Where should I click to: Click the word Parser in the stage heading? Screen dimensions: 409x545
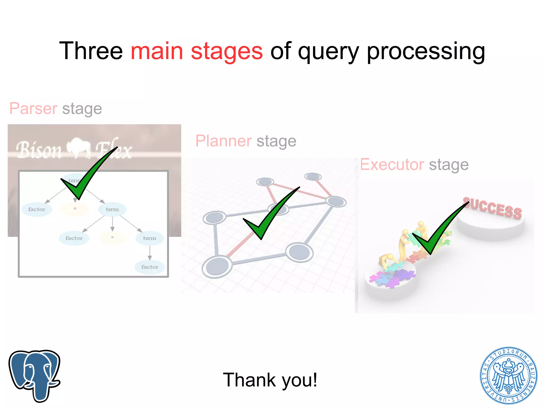[33, 108]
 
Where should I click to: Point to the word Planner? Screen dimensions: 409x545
[223, 141]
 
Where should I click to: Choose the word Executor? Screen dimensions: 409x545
[392, 164]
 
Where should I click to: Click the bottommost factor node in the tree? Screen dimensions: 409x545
[150, 267]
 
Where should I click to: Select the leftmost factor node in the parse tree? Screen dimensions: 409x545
[37, 209]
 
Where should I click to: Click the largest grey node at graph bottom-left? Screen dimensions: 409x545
[217, 266]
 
